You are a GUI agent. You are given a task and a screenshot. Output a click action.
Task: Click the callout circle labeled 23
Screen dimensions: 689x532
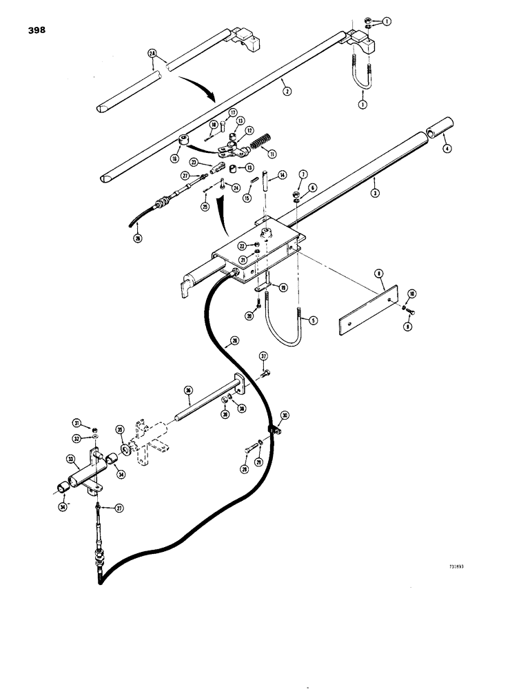pos(195,163)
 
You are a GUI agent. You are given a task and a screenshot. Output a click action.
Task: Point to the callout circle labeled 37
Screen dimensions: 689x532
pos(263,356)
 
